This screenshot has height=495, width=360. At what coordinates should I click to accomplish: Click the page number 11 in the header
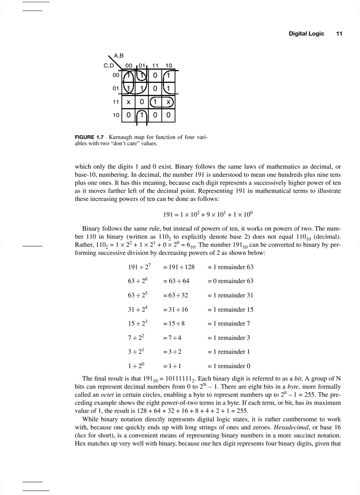(339, 33)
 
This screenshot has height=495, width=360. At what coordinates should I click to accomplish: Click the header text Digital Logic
(306, 33)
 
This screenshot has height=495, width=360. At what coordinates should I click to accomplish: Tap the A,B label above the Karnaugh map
(119, 56)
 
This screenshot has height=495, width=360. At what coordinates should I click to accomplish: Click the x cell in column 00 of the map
(128, 102)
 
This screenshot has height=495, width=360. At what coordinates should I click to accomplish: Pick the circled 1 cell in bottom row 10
(141, 116)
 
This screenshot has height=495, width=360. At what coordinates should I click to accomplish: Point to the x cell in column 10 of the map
(169, 102)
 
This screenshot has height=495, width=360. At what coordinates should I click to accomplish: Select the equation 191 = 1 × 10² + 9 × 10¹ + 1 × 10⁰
(208, 215)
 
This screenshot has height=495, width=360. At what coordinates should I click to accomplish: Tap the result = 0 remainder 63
(230, 281)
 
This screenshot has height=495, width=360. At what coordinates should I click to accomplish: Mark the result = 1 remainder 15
(230, 309)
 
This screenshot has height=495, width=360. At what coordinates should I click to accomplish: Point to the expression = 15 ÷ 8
(174, 324)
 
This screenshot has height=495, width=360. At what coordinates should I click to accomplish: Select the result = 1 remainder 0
(229, 366)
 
